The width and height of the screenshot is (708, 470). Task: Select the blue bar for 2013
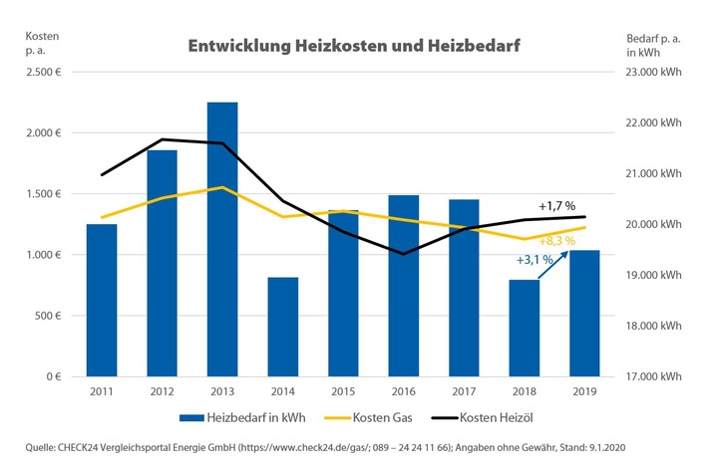pyautogui.click(x=222, y=239)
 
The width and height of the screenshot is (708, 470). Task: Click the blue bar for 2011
pyautogui.click(x=102, y=300)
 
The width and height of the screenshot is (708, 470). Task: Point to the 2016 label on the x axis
pyautogui.click(x=403, y=392)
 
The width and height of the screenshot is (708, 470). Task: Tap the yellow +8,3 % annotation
pyautogui.click(x=557, y=240)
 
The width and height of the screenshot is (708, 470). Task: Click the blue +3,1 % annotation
pyautogui.click(x=533, y=259)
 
